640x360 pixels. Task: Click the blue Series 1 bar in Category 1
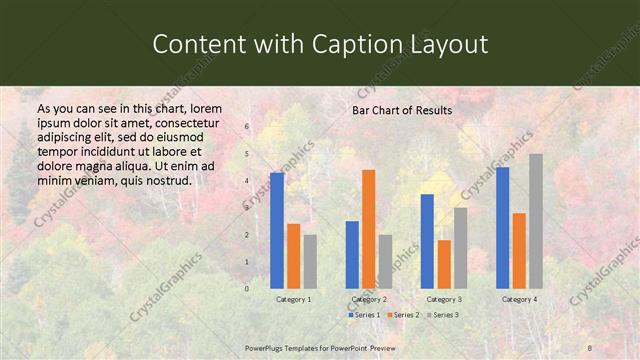pyautogui.click(x=277, y=231)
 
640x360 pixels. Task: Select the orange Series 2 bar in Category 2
pyautogui.click(x=368, y=229)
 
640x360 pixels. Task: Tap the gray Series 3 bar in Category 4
pyautogui.click(x=536, y=221)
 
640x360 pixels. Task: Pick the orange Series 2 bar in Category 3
pyautogui.click(x=444, y=264)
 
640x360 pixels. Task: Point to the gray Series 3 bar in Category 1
pyautogui.click(x=310, y=261)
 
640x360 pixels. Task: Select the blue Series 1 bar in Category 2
pyautogui.click(x=352, y=254)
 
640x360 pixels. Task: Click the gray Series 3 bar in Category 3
pyautogui.click(x=460, y=248)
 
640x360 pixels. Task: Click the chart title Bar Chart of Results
pyautogui.click(x=402, y=110)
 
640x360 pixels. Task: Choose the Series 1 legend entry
pyautogui.click(x=365, y=315)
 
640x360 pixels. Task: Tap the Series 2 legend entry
pyautogui.click(x=403, y=315)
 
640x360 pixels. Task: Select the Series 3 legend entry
pyautogui.click(x=442, y=315)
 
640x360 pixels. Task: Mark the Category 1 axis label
pyautogui.click(x=293, y=299)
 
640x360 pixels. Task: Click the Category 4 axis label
pyautogui.click(x=519, y=299)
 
